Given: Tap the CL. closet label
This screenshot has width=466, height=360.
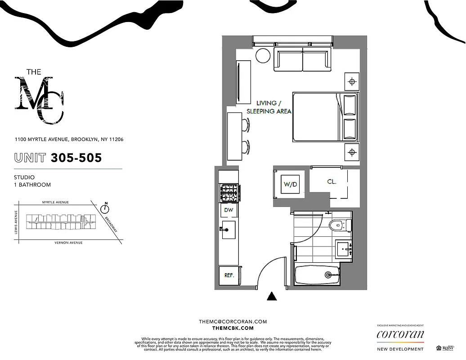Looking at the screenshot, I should click(332, 182).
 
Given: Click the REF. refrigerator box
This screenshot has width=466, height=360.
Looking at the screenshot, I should click(229, 275).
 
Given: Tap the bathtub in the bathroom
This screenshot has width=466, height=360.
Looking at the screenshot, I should click(317, 274).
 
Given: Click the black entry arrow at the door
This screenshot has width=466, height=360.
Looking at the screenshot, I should click(271, 296).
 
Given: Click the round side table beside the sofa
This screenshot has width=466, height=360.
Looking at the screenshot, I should click(262, 56).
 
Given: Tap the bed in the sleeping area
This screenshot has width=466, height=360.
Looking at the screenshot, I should click(324, 117).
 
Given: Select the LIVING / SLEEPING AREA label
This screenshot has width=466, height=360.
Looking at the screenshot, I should click(269, 107).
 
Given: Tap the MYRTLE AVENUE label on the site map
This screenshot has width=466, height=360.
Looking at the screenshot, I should click(55, 202).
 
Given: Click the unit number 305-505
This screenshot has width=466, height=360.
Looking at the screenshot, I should click(76, 158).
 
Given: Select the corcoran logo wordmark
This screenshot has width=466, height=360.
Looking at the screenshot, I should click(400, 334).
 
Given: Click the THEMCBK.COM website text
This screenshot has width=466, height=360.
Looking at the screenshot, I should click(233, 329).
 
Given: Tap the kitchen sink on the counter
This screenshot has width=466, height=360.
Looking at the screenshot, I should click(228, 229).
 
